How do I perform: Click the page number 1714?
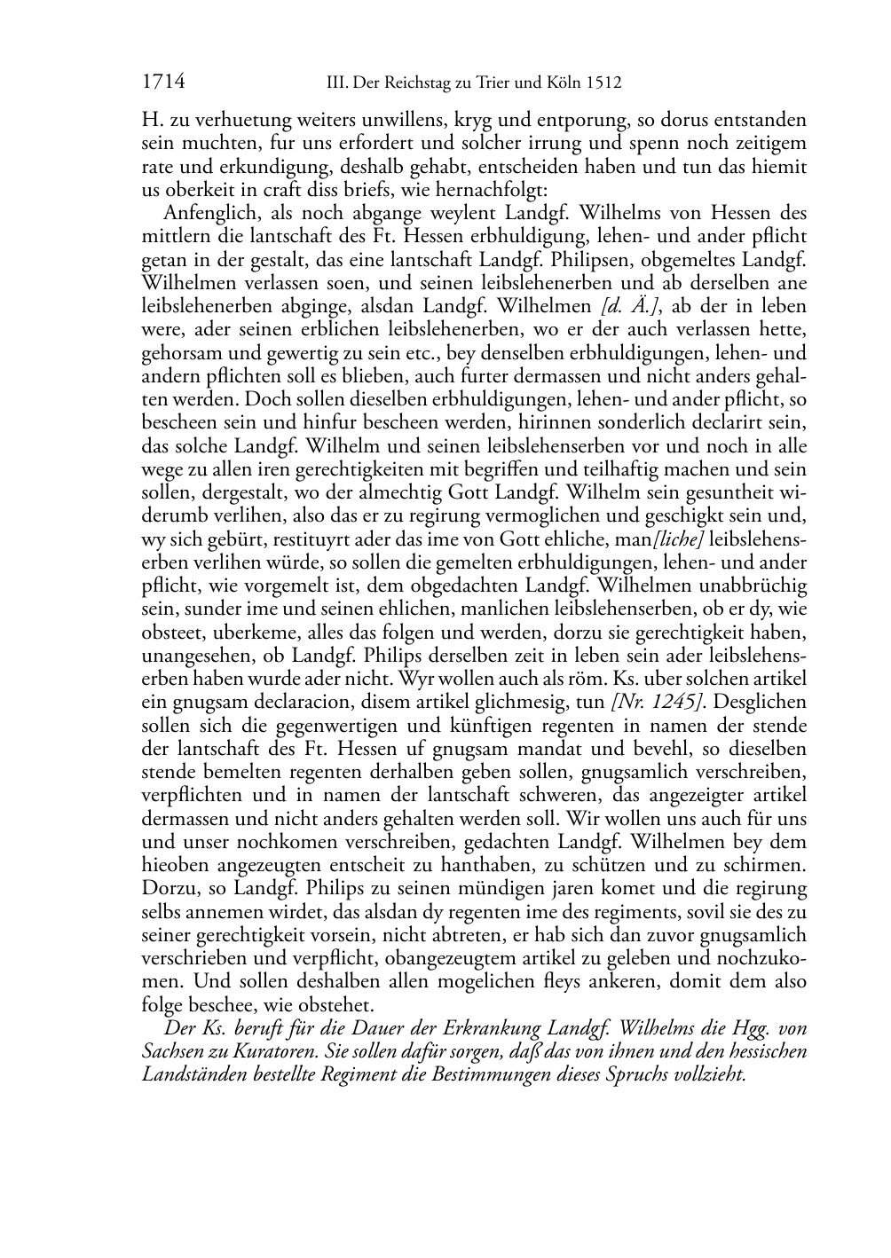pos(163,83)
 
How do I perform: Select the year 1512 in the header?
pos(603,83)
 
